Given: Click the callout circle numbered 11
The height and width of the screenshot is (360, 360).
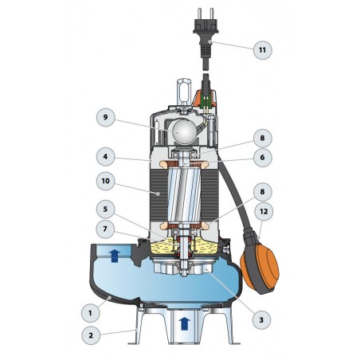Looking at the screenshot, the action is coord(263,50).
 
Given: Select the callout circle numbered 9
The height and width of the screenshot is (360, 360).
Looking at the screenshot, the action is coord(106,117).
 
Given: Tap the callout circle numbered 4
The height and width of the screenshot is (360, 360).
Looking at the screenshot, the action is coord(106,157).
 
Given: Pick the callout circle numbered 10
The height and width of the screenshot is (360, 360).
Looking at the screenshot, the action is coord(106,181).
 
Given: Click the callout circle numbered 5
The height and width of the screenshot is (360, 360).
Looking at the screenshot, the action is coord(106,209).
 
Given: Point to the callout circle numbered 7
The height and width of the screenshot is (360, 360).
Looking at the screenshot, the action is coord(105,229).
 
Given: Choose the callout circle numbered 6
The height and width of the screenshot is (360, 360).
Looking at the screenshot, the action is coord(263,157).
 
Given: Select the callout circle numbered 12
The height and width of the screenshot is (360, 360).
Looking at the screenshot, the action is coord(264,211).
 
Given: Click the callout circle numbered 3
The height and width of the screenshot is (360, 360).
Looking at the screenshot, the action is coord(261,320).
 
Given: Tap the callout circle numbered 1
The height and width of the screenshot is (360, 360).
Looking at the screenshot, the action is coord(91,313).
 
